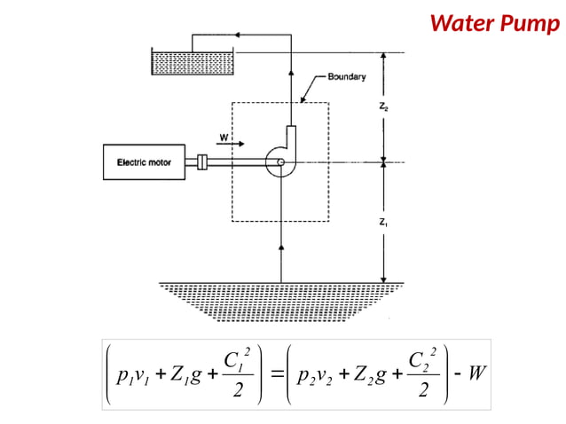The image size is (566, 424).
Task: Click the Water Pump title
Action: click(495, 22)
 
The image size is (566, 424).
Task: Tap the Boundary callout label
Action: click(346, 77)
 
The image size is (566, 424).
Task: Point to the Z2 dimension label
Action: click(382, 108)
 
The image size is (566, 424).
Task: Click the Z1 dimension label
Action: click(382, 223)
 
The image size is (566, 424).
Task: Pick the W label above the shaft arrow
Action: click(224, 137)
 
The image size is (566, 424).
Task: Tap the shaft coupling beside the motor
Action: click(202, 162)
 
